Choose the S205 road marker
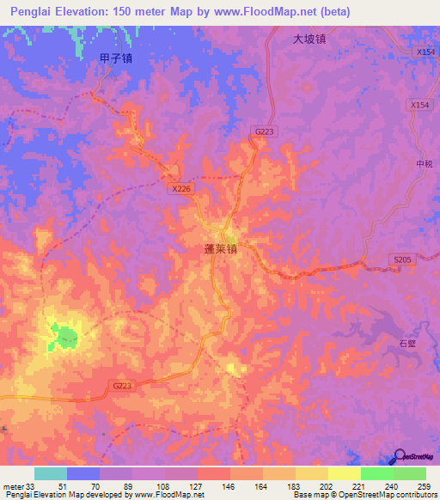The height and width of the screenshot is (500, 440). click(402, 259)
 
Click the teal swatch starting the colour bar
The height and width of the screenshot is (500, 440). click(51, 474)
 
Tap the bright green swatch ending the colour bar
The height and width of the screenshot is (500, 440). click(409, 474)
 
